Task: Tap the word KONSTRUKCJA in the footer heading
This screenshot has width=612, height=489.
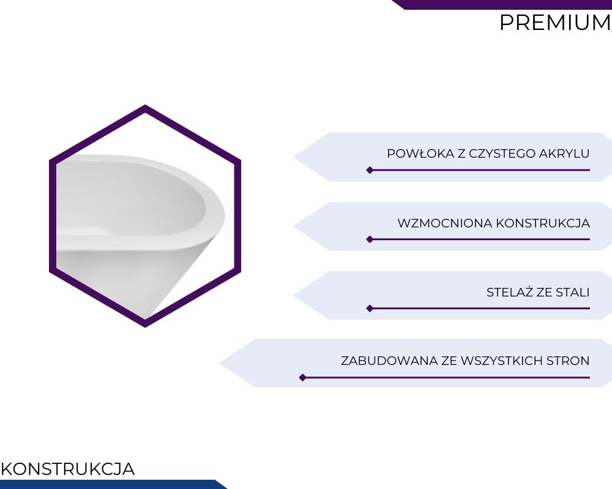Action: click(68, 469)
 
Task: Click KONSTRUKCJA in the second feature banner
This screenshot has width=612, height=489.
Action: click(542, 224)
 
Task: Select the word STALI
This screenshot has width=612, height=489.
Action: click(573, 292)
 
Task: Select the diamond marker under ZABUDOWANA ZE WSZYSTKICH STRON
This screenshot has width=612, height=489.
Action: click(302, 378)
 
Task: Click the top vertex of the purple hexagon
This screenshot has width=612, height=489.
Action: click(145, 105)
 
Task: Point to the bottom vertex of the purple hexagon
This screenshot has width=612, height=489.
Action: click(145, 327)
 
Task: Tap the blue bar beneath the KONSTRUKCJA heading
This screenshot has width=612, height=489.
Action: click(113, 484)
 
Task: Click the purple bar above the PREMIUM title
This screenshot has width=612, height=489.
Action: click(502, 4)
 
